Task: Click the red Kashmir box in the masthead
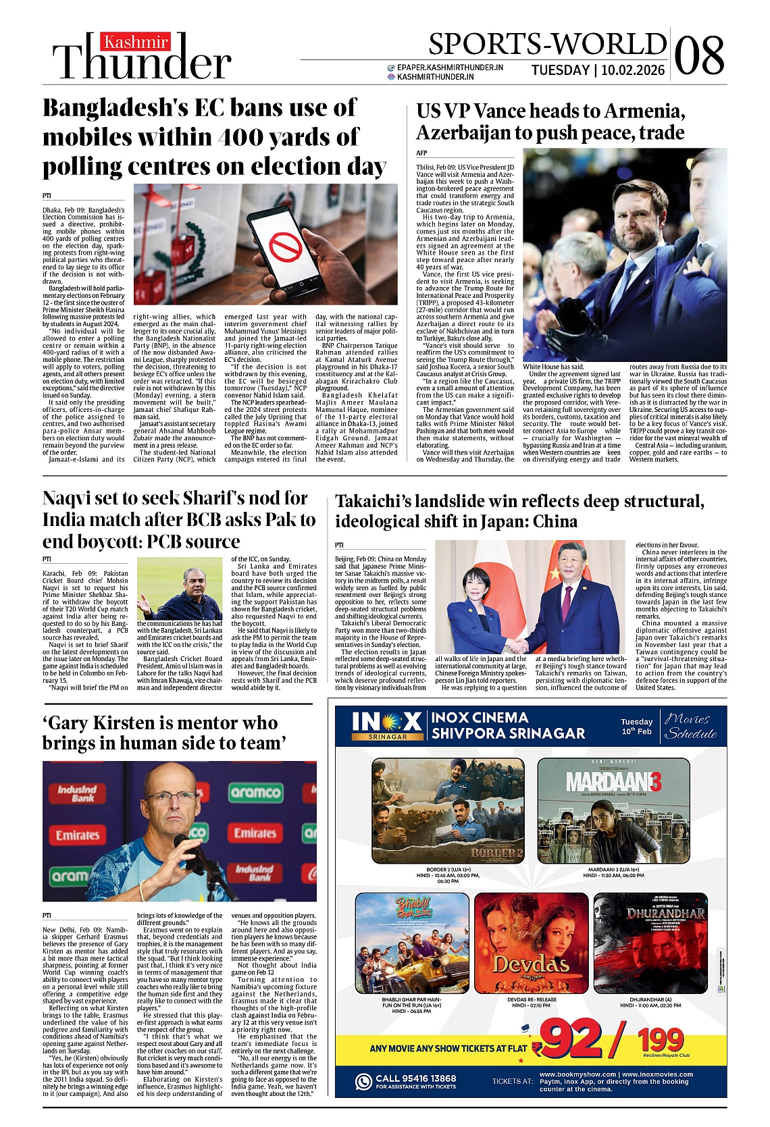[x=136, y=43]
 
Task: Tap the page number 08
[x=699, y=55]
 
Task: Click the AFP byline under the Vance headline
[x=421, y=153]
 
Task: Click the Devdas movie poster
[x=530, y=944]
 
